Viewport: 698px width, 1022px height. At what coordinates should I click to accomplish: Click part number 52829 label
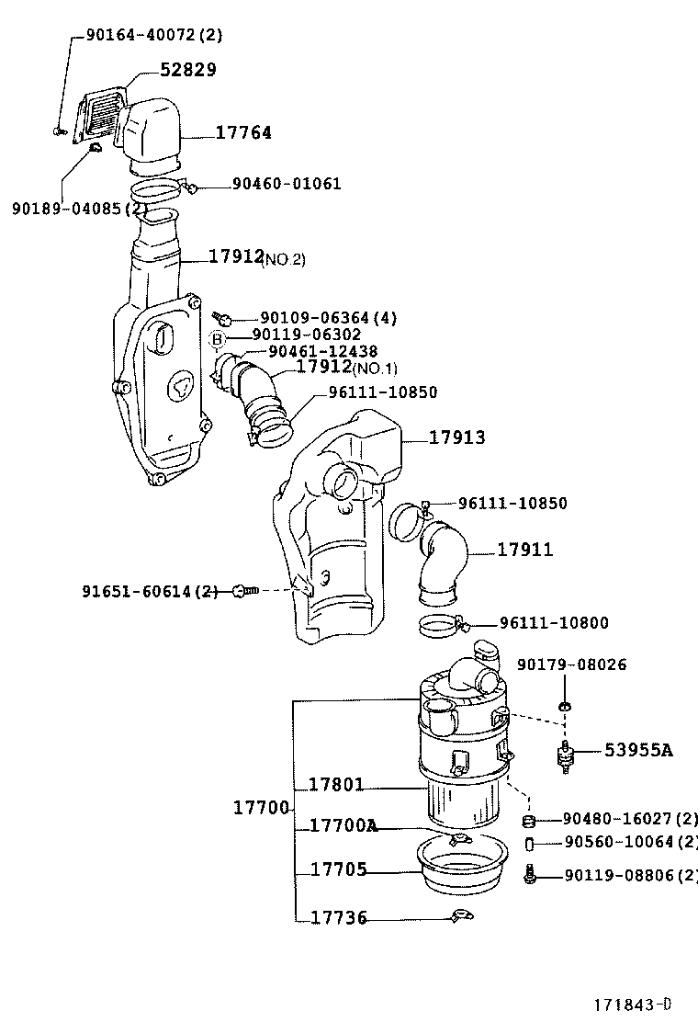(x=188, y=70)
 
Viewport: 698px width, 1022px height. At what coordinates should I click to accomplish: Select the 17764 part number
(x=243, y=132)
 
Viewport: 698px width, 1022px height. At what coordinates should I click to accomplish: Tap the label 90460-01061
(x=286, y=184)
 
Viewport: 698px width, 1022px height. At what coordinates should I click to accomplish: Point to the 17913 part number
(x=456, y=437)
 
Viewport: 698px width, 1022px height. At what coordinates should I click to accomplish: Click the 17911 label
(x=525, y=550)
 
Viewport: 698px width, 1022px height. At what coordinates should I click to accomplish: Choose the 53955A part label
(x=637, y=750)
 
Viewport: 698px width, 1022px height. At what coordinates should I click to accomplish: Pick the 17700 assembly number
(x=261, y=808)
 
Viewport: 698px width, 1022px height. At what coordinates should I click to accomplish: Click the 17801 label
(x=336, y=785)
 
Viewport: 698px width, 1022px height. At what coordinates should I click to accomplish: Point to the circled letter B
(x=218, y=339)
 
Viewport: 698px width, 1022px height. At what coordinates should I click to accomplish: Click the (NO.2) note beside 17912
(x=285, y=260)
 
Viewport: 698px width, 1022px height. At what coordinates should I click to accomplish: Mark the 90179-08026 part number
(x=571, y=664)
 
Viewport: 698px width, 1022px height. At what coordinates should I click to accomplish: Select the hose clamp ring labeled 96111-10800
(x=442, y=628)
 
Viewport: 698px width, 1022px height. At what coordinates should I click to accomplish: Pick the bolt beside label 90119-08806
(x=530, y=875)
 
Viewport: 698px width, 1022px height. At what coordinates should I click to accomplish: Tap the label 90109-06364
(x=315, y=318)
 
